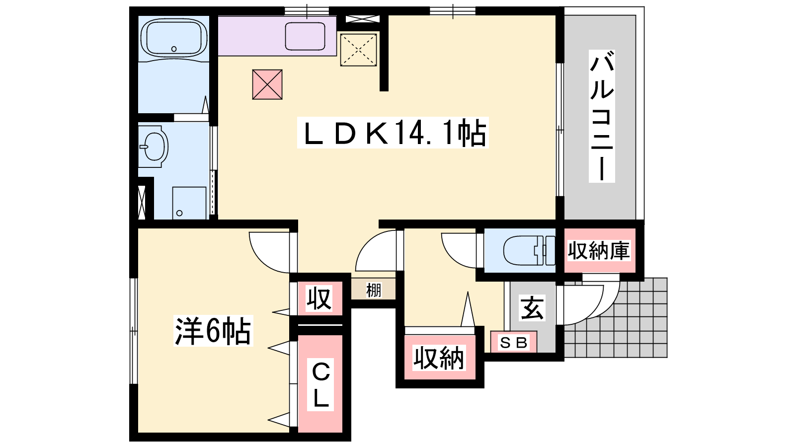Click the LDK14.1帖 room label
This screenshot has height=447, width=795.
point(393,133)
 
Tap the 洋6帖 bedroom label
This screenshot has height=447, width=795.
point(213,331)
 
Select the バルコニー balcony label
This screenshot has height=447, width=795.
point(602,116)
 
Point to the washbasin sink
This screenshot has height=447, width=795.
point(154,147)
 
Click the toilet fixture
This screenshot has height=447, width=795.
point(529,250)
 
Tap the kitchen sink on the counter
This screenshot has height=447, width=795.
point(305,36)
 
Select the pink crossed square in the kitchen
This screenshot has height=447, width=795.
point(267,84)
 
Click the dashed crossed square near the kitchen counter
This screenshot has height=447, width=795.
point(358,50)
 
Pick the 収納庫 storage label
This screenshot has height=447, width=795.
point(599,250)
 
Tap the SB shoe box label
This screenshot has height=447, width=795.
point(514,342)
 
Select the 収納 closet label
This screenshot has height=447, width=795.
point(439,358)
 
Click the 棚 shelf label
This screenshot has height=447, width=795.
point(373,290)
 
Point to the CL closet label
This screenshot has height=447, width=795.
point(320,384)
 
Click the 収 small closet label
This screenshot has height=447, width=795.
point(319,298)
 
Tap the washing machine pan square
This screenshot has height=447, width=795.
point(189,203)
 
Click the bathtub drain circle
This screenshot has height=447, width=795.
point(174,49)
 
